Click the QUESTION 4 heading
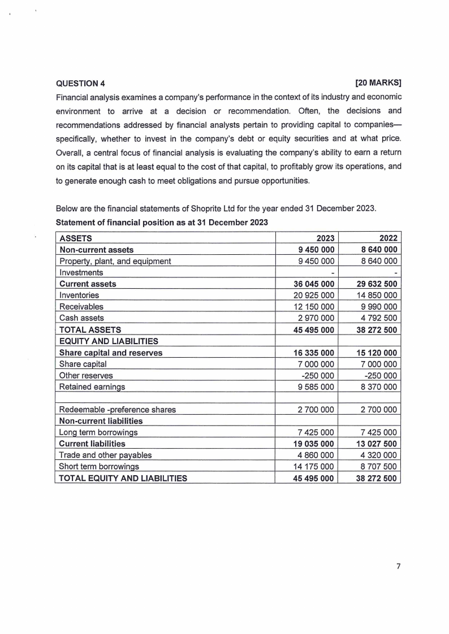pyautogui.click(x=80, y=84)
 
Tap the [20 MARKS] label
pyautogui.click(x=378, y=84)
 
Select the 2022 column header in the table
pyautogui.click(x=387, y=238)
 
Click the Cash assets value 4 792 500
pyautogui.click(x=375, y=318)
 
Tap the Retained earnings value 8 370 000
pyautogui.click(x=375, y=387)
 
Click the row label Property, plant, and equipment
pyautogui.click(x=115, y=261)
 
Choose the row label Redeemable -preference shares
pyautogui.click(x=118, y=410)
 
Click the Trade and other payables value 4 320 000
pyautogui.click(x=375, y=455)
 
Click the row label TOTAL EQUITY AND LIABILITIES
pyautogui.click(x=123, y=478)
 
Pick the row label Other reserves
pyautogui.click(x=86, y=375)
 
